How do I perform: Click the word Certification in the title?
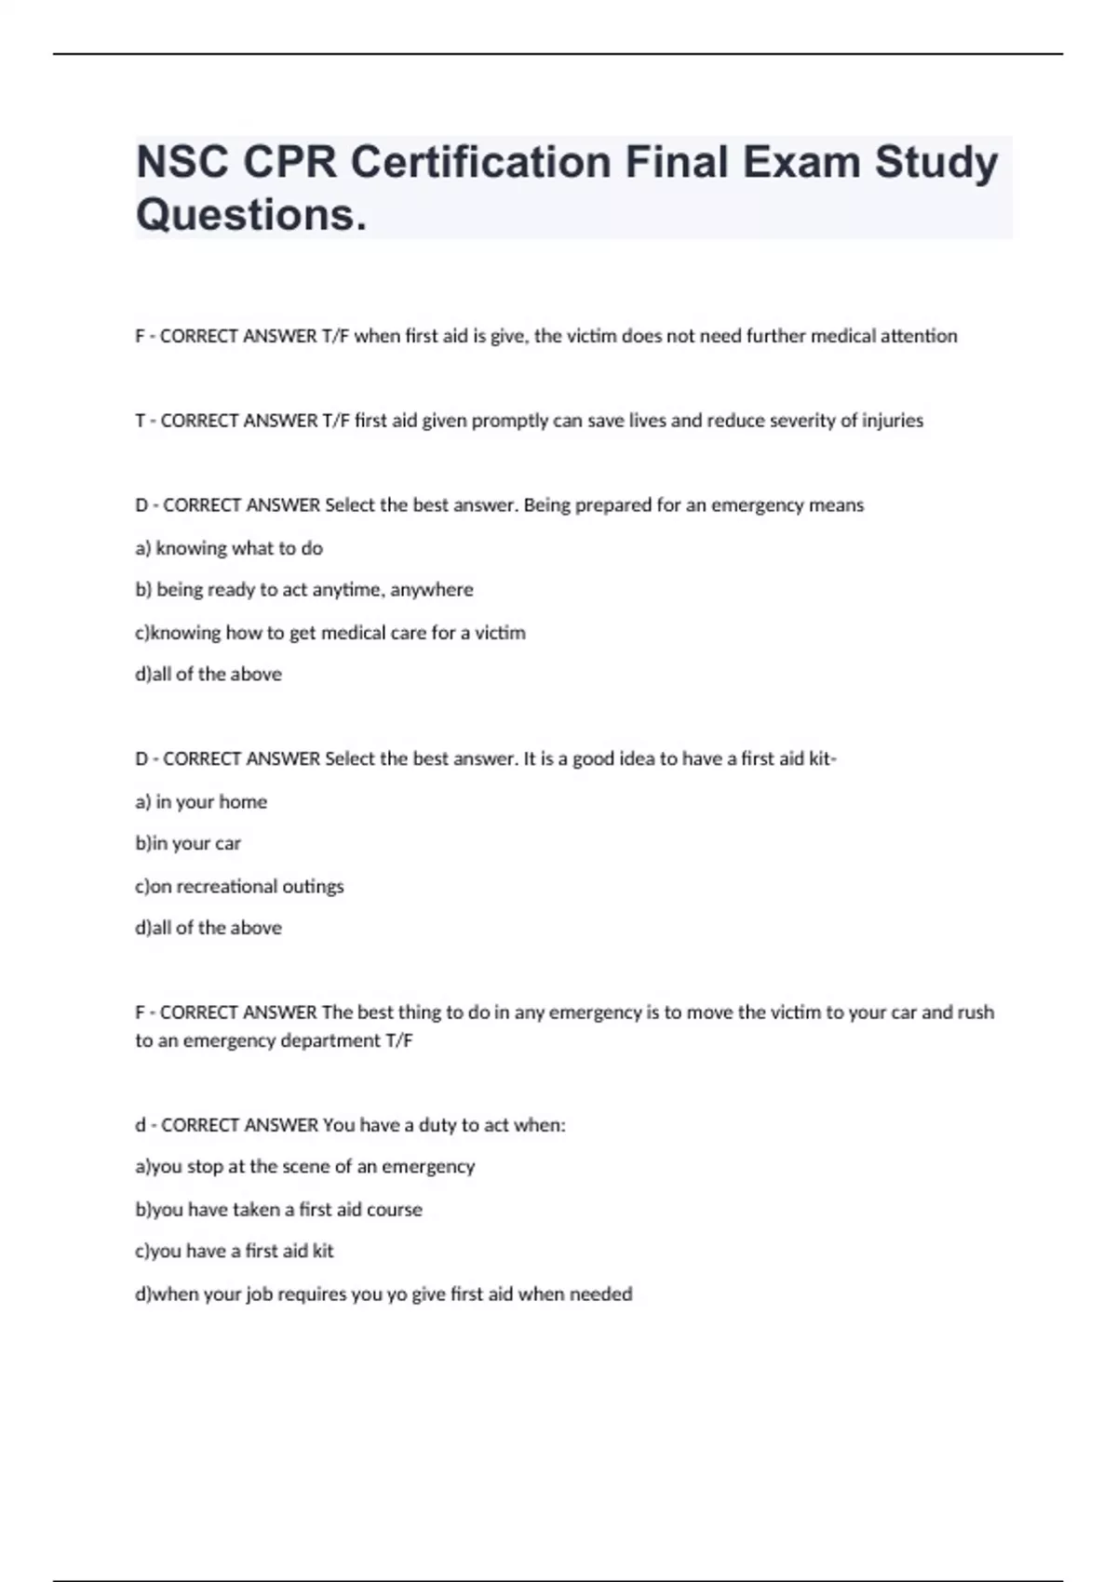point(480,162)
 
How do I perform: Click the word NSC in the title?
point(182,162)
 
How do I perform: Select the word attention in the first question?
point(918,336)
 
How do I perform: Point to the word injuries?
point(892,421)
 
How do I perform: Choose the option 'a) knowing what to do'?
point(229,548)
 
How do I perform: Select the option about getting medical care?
point(330,633)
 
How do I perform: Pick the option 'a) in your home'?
point(201,801)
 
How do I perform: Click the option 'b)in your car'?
point(188,843)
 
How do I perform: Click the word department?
point(330,1040)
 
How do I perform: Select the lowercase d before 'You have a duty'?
point(141,1125)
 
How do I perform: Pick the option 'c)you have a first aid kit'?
point(235,1252)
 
